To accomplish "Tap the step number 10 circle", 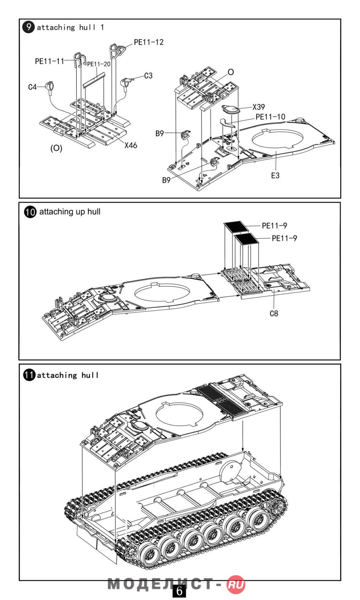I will tap(30, 212).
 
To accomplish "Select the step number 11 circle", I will tap(30, 375).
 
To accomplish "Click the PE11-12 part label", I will tap(149, 42).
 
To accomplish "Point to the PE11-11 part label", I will tap(50, 61).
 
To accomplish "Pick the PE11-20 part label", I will tap(99, 64).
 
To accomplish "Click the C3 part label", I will tap(148, 76).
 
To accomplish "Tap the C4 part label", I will tap(32, 87).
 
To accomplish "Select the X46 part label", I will tap(131, 145).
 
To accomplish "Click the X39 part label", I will tap(259, 107).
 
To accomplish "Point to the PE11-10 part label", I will tap(270, 117).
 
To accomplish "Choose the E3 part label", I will tap(275, 175).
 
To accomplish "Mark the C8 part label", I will tap(274, 313).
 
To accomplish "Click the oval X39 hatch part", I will tap(231, 109).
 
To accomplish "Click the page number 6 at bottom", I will tap(179, 591).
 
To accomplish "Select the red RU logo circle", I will tap(236, 585).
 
